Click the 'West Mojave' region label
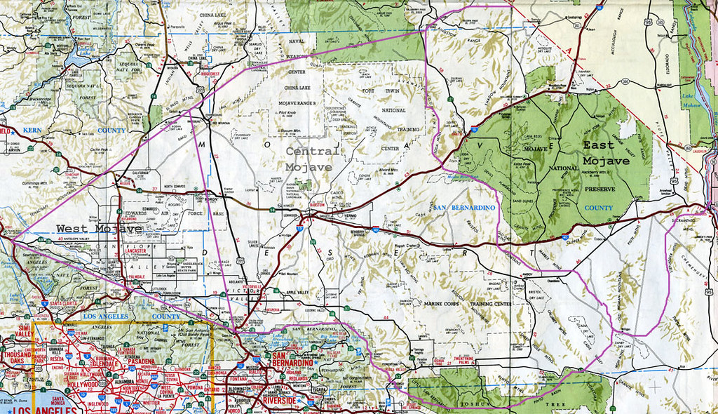[x=99, y=228]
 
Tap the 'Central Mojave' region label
[x=313, y=159]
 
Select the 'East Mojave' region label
[x=607, y=153]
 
